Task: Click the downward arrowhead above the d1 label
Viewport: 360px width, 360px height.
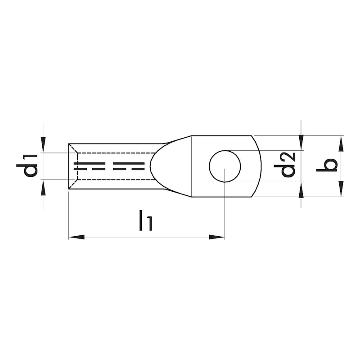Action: (x=43, y=145)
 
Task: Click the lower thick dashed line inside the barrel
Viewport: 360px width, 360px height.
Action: (x=112, y=170)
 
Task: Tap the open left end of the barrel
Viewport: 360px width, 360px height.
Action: (x=69, y=166)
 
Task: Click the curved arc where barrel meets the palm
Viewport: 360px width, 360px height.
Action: (x=151, y=166)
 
